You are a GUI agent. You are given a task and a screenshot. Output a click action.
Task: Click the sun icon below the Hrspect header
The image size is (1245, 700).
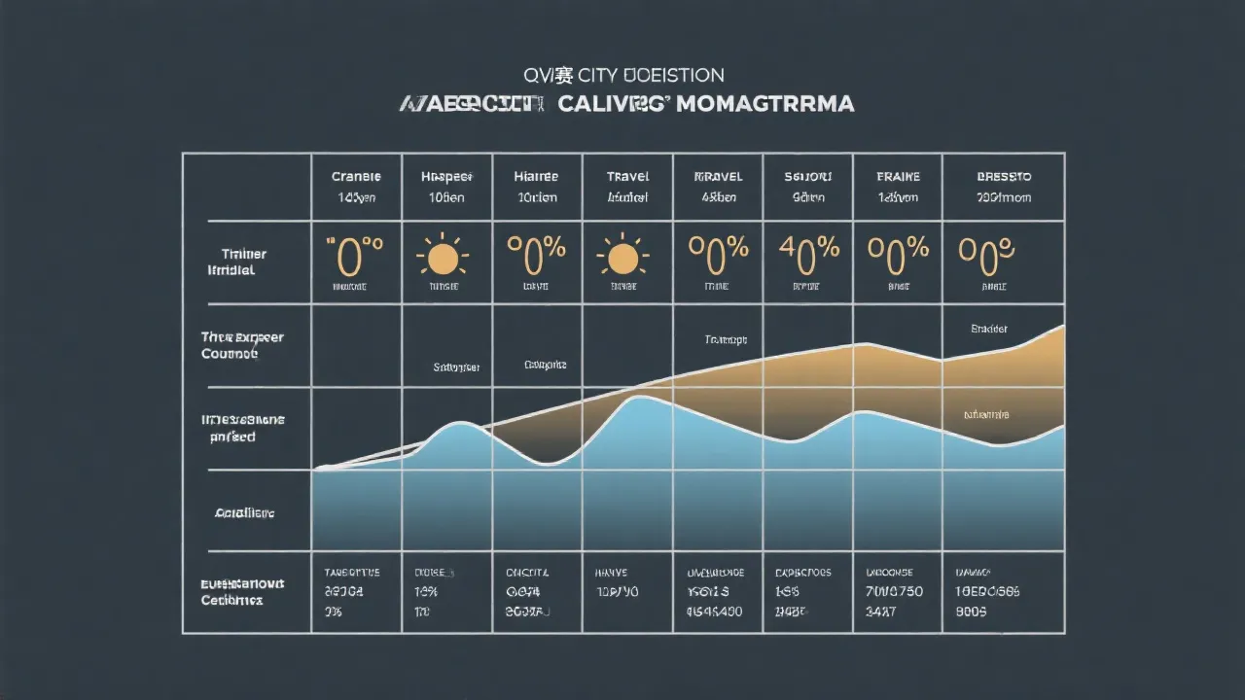(443, 258)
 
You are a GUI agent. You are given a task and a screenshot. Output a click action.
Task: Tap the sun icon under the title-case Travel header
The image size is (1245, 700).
(622, 258)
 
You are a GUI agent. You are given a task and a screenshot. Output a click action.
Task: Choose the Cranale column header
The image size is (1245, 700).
(356, 177)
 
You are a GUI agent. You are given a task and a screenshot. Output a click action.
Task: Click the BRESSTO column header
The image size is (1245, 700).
(1004, 177)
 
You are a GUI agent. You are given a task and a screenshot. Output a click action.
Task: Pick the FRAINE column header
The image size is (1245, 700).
(898, 177)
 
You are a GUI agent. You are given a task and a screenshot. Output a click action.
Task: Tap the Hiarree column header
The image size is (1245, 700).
(536, 177)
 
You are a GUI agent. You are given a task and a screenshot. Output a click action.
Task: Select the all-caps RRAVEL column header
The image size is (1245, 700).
(718, 177)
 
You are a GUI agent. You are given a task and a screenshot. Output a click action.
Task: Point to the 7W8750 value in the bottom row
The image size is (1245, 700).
(895, 592)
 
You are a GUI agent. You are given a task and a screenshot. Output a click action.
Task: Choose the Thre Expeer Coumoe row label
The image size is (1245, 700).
(242, 345)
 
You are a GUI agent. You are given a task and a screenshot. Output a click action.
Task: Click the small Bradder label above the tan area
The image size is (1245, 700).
(989, 330)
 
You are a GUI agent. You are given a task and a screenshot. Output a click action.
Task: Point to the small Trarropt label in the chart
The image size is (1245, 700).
(726, 340)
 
